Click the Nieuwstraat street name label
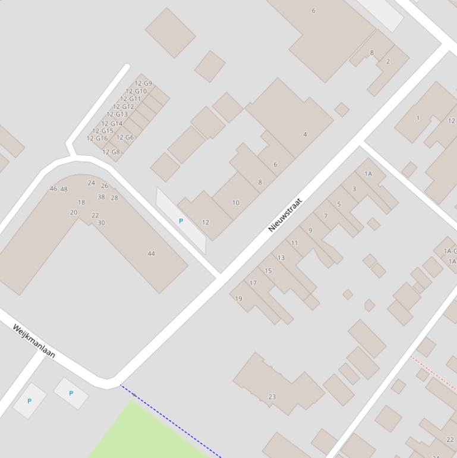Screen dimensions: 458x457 [285, 215]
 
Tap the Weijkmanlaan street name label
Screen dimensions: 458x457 [34, 341]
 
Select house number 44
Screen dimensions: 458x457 [151, 253]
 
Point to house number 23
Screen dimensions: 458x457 [272, 397]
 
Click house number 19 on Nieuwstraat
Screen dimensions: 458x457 [239, 299]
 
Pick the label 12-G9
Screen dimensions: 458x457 [143, 84]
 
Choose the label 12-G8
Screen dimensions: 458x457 [111, 152]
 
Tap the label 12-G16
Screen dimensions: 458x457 [97, 139]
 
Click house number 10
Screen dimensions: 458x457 [236, 203]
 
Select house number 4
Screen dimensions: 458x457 [305, 134]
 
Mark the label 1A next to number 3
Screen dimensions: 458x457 [368, 174]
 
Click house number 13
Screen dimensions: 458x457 [281, 258]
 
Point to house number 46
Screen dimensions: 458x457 [53, 189]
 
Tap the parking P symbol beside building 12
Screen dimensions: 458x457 [181, 221]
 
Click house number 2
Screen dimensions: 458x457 [388, 61]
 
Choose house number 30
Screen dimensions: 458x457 [101, 223]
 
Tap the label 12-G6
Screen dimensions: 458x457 [125, 137]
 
